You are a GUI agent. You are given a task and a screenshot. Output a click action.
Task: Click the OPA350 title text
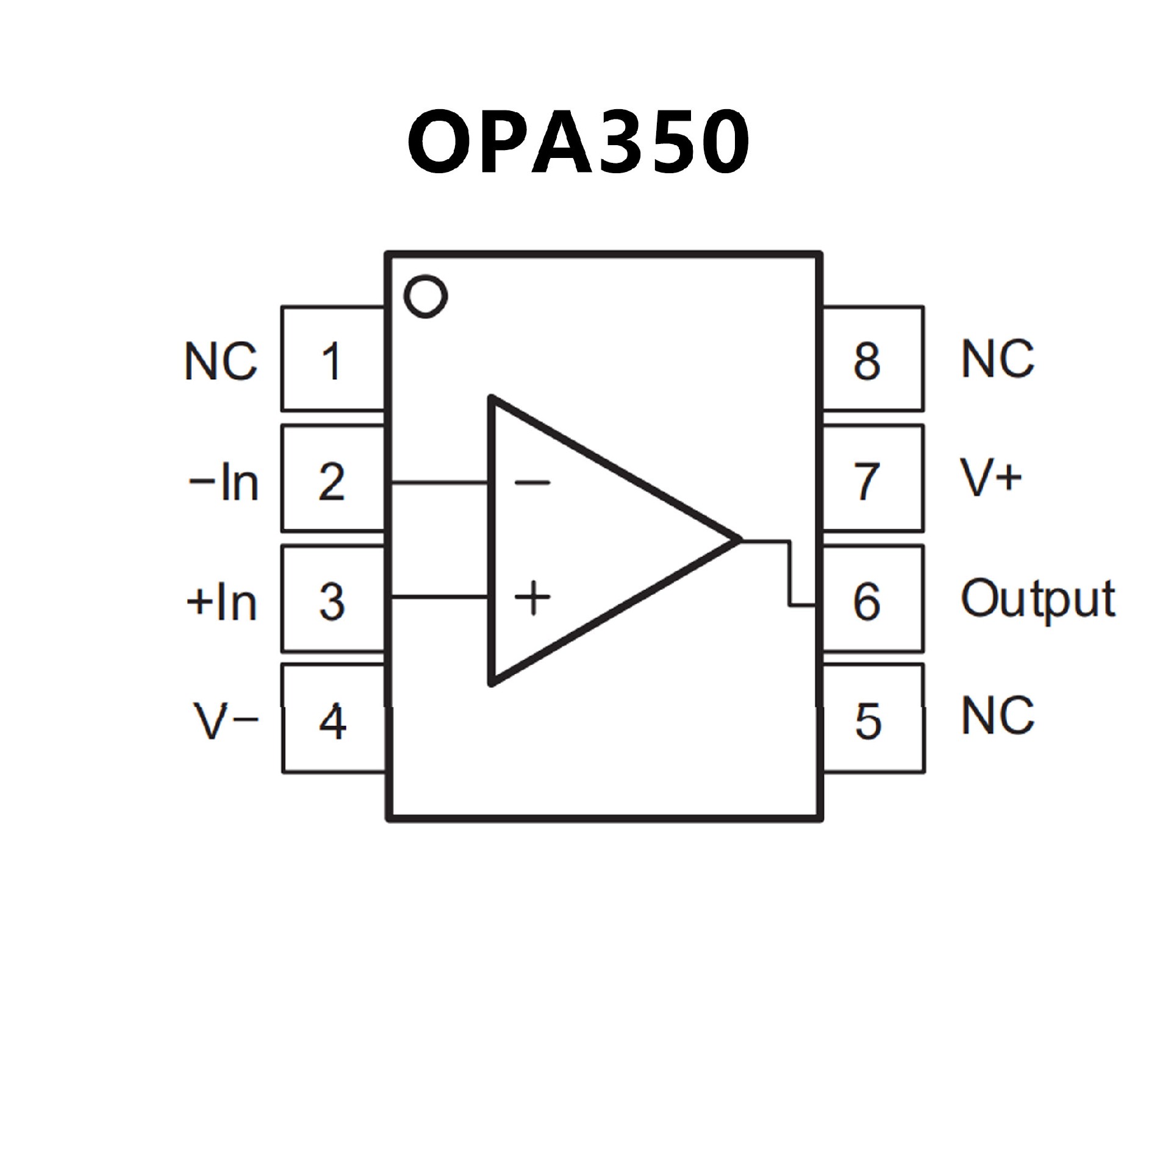pos(578,142)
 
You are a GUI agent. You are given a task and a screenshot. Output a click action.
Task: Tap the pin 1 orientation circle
pos(426,296)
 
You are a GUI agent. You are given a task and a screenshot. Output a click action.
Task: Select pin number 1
pos(331,361)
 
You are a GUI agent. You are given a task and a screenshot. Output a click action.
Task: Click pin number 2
pos(332,482)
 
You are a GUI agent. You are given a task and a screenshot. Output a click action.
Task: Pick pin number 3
pos(332,601)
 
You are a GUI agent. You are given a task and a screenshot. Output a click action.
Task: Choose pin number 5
pos(868,722)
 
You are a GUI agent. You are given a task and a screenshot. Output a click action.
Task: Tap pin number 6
pos(867,601)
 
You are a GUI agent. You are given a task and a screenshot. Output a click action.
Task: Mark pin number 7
pos(867,482)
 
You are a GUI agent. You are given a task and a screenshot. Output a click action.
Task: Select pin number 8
pos(867,361)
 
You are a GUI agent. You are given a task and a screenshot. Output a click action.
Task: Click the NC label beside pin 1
pos(221,361)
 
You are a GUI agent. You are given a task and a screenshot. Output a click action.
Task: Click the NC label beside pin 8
pos(998,358)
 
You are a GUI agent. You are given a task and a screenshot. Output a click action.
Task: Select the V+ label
pos(991,478)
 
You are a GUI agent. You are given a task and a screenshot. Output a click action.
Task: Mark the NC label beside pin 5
pos(998,715)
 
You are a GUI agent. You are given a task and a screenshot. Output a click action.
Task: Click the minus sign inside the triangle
pos(532,483)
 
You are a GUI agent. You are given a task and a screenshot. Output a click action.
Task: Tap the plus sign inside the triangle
pos(532,597)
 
